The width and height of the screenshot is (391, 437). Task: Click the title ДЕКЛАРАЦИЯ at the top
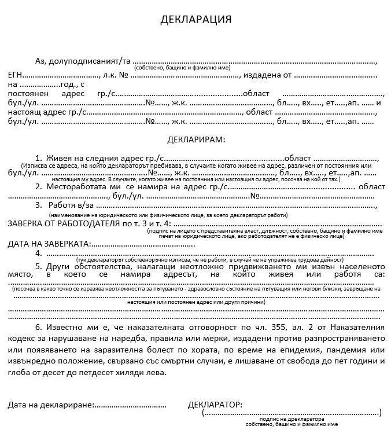pyautogui.click(x=195, y=19)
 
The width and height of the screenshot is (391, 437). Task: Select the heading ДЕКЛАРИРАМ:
pyautogui.click(x=195, y=139)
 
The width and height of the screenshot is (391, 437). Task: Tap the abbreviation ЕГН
pyautogui.click(x=16, y=75)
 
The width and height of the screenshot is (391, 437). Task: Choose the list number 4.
pyautogui.click(x=38, y=253)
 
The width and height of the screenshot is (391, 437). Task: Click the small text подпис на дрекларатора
pyautogui.click(x=292, y=418)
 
